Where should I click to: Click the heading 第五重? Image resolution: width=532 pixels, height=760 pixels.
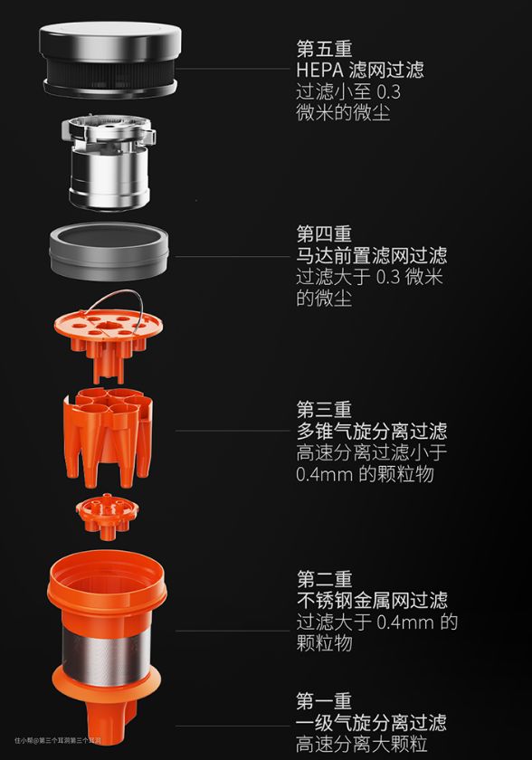[324, 49]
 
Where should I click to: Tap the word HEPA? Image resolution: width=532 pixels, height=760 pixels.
[319, 71]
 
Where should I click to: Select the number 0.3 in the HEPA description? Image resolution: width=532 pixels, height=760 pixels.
[388, 91]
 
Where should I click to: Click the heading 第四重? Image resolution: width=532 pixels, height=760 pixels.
[324, 234]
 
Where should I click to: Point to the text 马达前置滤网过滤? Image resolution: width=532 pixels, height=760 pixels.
[372, 255]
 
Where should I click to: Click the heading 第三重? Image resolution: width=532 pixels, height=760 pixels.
[324, 410]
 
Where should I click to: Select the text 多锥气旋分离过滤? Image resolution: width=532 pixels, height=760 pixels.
[372, 431]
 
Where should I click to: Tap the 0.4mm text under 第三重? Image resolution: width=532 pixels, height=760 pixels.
[324, 473]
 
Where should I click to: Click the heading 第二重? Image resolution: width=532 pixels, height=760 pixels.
[324, 579]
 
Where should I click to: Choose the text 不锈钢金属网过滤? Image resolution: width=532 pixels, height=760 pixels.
[372, 601]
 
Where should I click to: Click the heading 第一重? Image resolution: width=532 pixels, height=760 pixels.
[324, 701]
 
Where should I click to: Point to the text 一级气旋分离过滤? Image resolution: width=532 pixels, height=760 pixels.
[372, 723]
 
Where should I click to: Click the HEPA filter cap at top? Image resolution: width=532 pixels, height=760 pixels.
[110, 59]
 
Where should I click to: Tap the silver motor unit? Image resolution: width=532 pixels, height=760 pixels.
[109, 162]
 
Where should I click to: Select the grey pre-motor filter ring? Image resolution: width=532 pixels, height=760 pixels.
[109, 252]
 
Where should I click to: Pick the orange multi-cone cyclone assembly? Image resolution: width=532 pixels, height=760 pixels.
[108, 435]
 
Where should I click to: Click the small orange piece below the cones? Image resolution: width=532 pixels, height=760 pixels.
[107, 516]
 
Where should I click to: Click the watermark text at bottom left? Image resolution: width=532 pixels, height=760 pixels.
[58, 741]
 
